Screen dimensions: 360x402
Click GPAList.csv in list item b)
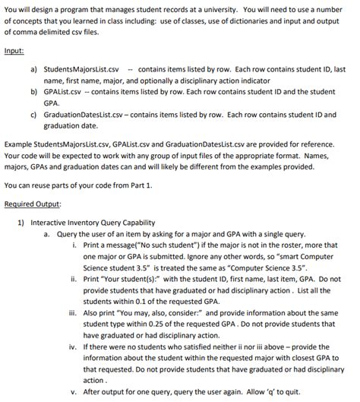click(67, 90)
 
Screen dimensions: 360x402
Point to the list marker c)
click(33, 115)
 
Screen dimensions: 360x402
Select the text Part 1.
click(141, 185)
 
